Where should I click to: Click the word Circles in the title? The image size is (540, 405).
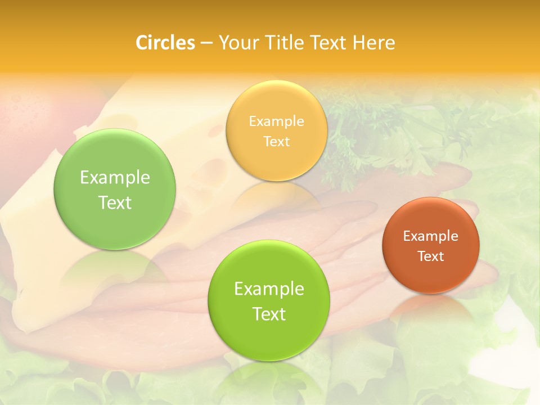[165, 43]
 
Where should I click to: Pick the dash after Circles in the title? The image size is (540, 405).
[206, 43]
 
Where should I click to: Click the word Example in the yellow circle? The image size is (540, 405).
[276, 121]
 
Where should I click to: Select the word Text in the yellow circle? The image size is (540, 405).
[276, 141]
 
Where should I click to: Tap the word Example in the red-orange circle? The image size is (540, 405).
[430, 236]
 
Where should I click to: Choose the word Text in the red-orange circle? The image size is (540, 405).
[431, 256]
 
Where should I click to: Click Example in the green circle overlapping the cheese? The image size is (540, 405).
[115, 178]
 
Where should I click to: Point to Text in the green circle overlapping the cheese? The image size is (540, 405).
[115, 202]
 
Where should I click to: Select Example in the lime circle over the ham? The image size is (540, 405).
[269, 289]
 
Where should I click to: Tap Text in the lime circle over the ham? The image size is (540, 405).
[269, 314]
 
